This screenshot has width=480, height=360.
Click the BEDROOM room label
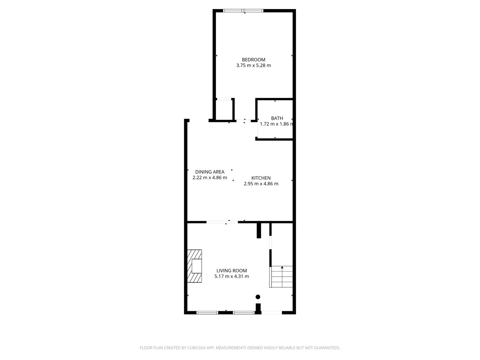[x=253, y=60]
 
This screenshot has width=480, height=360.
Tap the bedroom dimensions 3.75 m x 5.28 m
[x=253, y=65]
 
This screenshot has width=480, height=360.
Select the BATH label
[x=277, y=118]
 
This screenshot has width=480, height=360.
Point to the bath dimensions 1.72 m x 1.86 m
[x=276, y=124]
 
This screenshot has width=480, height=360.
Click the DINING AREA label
[x=210, y=172]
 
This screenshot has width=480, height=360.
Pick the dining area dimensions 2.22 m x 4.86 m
[x=210, y=178]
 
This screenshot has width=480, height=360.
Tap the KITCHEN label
[x=261, y=178]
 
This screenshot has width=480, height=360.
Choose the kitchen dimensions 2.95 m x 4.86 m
[x=261, y=184]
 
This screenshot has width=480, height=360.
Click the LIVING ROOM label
[x=232, y=271]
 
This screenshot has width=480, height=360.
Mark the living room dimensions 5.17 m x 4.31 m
[x=232, y=276]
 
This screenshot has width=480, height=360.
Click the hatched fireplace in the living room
[x=195, y=266]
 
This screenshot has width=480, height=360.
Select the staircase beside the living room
[x=282, y=277]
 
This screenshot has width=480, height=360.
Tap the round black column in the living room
[x=258, y=297]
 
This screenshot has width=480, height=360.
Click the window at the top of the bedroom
[x=243, y=10]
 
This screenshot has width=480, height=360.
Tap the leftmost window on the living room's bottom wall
[x=207, y=312]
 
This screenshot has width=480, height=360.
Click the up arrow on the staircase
[x=282, y=267]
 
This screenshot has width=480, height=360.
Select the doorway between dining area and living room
[x=222, y=222]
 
